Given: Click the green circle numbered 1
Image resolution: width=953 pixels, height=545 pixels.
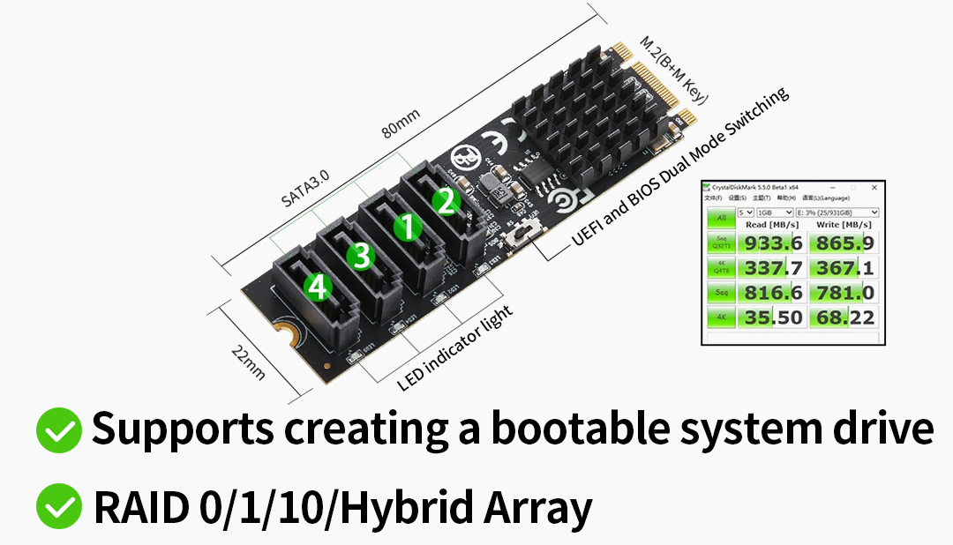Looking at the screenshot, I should pyautogui.click(x=407, y=228).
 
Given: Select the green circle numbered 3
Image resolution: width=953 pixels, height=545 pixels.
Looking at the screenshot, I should pyautogui.click(x=359, y=256).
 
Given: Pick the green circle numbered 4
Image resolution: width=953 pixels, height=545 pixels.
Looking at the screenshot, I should pyautogui.click(x=317, y=286).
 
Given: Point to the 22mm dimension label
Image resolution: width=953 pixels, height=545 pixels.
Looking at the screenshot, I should pyautogui.click(x=248, y=362).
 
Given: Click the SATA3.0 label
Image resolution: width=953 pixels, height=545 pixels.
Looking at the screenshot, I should pyautogui.click(x=305, y=188).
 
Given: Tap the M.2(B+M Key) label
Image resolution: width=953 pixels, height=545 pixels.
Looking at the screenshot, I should pyautogui.click(x=673, y=71).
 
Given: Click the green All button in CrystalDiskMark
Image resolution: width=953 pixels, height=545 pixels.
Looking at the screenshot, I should pyautogui.click(x=720, y=217).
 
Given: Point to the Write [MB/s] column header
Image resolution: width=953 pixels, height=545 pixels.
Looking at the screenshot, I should pyautogui.click(x=842, y=226).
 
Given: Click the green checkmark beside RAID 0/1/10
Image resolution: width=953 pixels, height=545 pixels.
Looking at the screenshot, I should pyautogui.click(x=59, y=506).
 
